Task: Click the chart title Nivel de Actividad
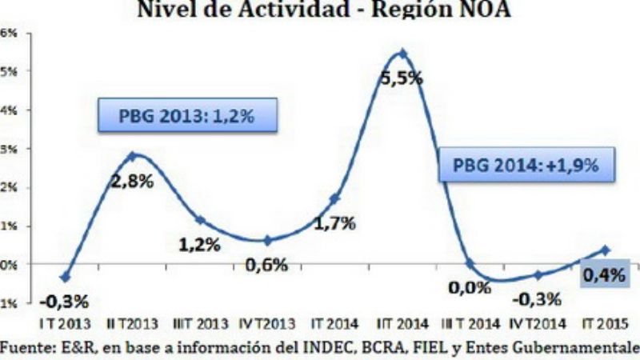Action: click(321, 10)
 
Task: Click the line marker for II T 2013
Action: click(132, 156)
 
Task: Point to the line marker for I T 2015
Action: click(606, 250)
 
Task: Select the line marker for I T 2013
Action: click(65, 277)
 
